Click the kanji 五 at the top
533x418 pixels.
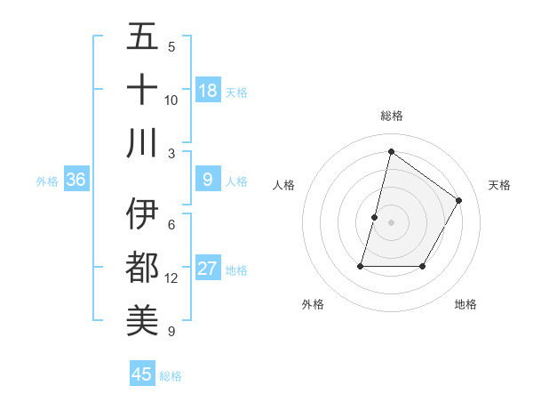[x=142, y=38]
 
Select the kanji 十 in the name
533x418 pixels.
[x=142, y=90]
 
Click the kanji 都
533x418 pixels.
[x=142, y=268]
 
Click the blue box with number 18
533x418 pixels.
[x=208, y=91]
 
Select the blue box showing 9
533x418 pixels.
[x=208, y=180]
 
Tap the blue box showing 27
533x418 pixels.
[x=208, y=269]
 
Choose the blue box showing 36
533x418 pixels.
[x=76, y=180]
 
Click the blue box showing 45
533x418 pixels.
[x=142, y=374]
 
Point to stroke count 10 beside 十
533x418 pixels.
[x=171, y=100]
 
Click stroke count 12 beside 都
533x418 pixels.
[x=171, y=278]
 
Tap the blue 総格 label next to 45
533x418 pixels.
[x=171, y=376]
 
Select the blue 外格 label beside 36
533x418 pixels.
[x=47, y=181]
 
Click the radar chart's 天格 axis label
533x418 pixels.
[x=499, y=185]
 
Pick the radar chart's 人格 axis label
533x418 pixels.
[x=283, y=185]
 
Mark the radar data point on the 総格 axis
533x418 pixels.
[x=391, y=151]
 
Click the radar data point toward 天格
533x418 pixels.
[x=459, y=200]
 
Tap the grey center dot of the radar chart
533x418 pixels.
[x=391, y=222]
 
